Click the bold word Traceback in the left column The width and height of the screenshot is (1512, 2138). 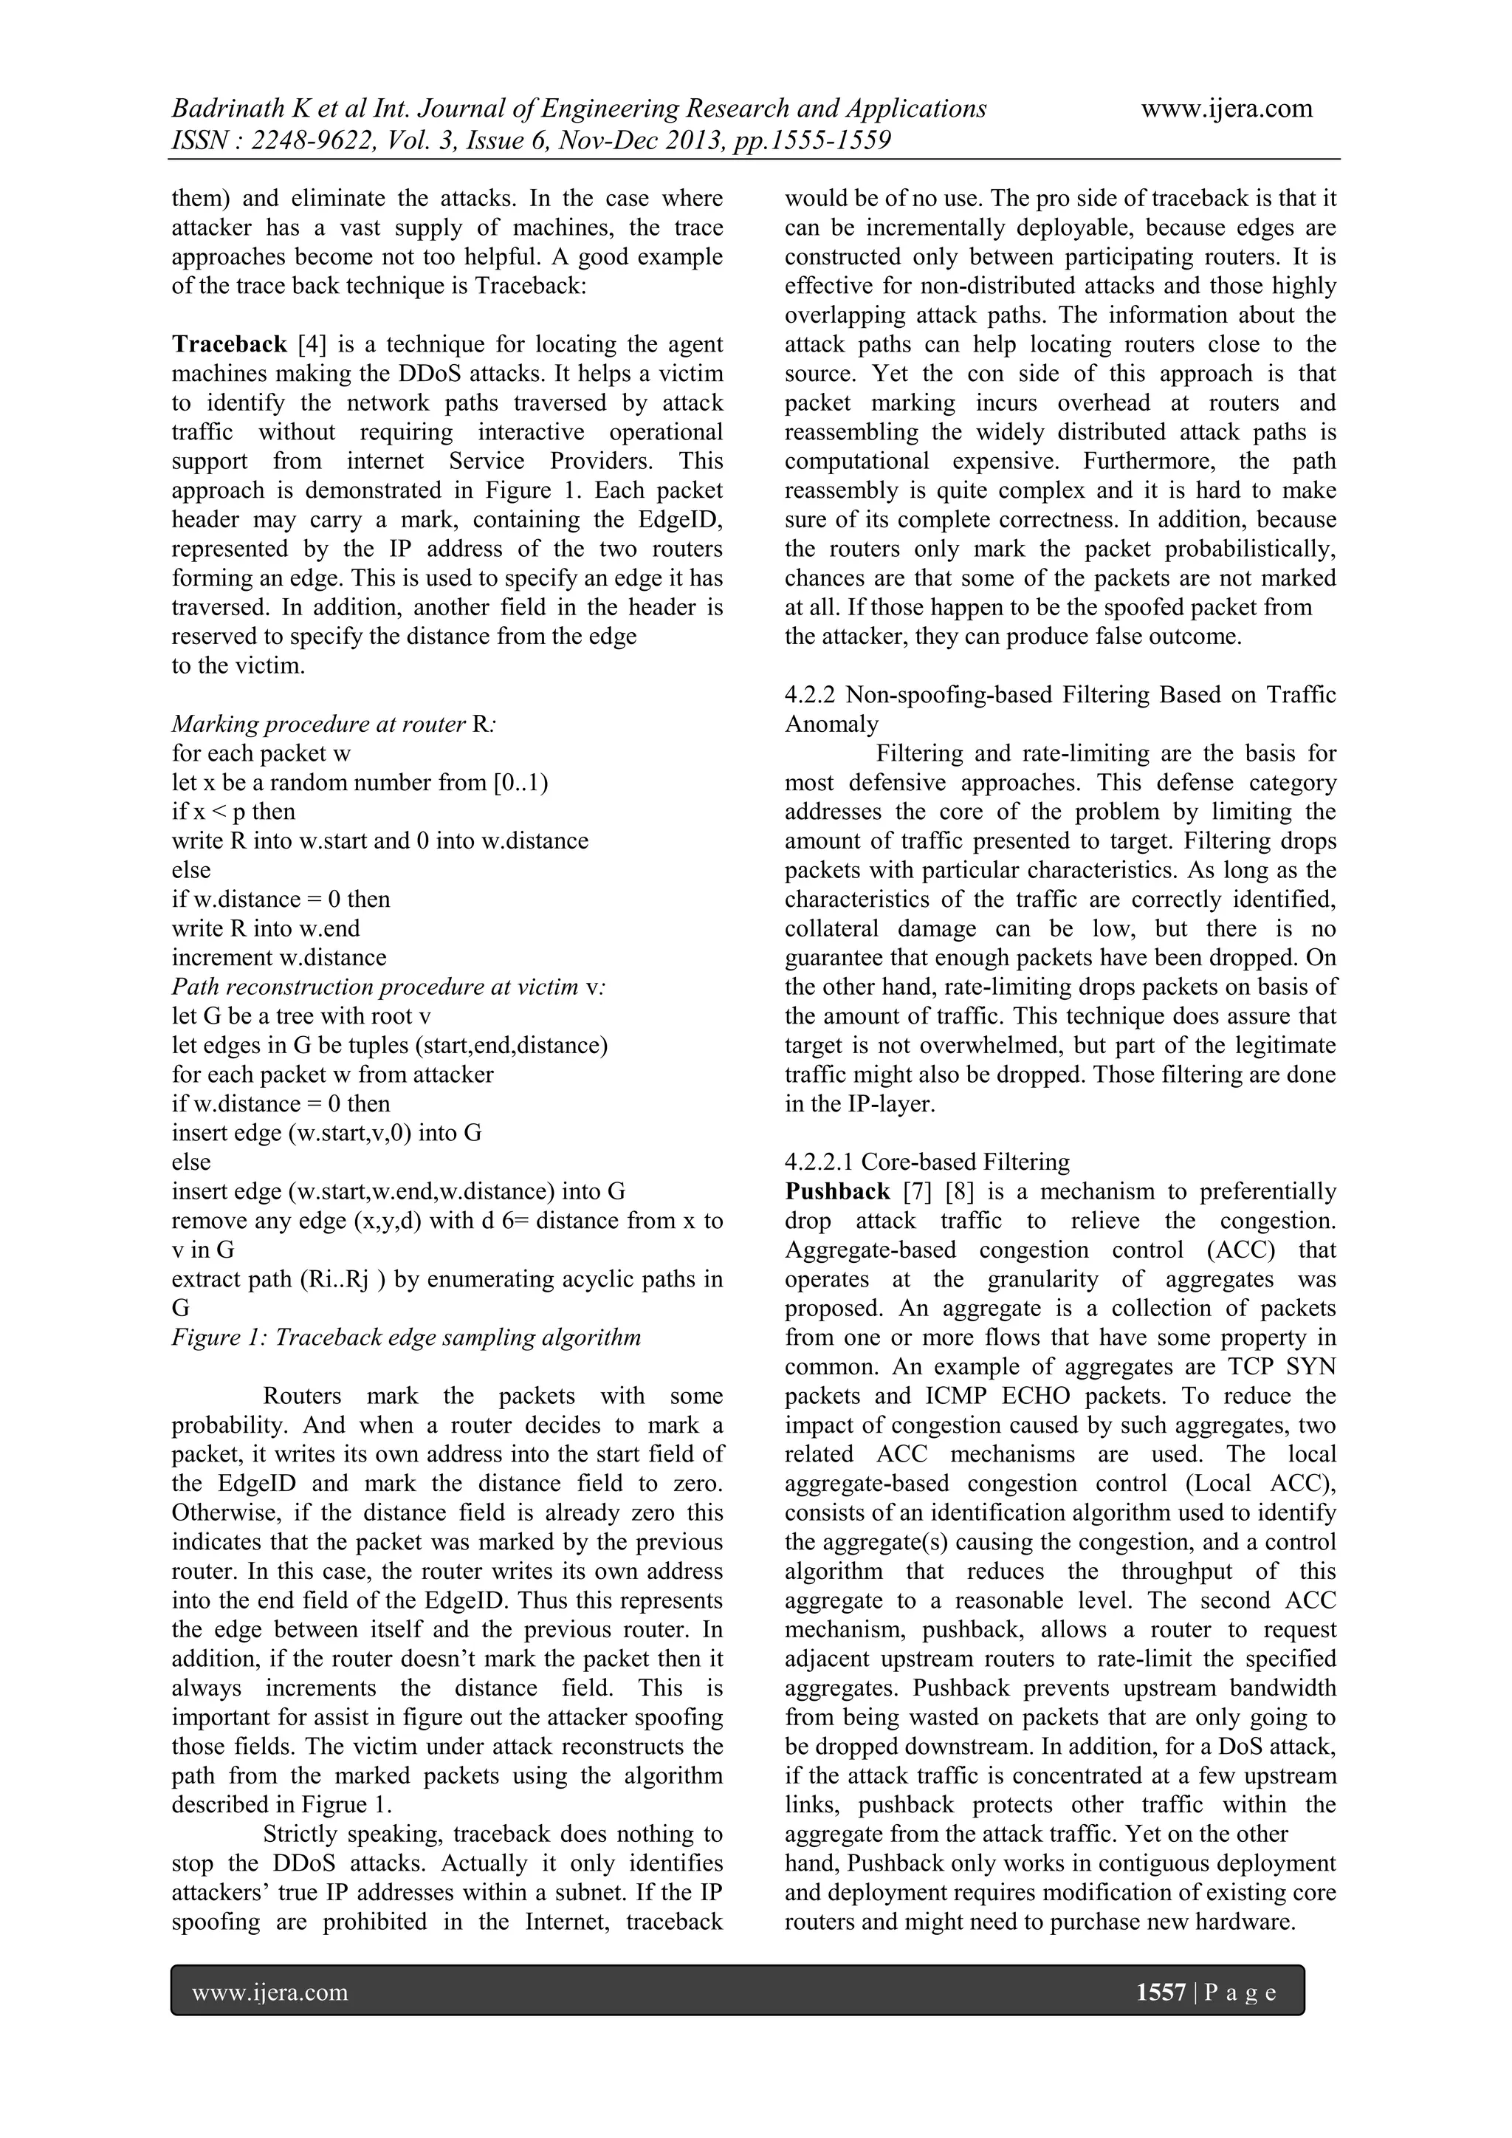(x=229, y=345)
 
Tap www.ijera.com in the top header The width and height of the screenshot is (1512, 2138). (x=1226, y=109)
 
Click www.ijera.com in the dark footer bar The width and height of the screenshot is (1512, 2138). (x=270, y=1992)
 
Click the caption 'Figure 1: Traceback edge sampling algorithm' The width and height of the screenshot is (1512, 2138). (x=407, y=1337)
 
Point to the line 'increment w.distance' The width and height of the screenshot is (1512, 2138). (x=279, y=957)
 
